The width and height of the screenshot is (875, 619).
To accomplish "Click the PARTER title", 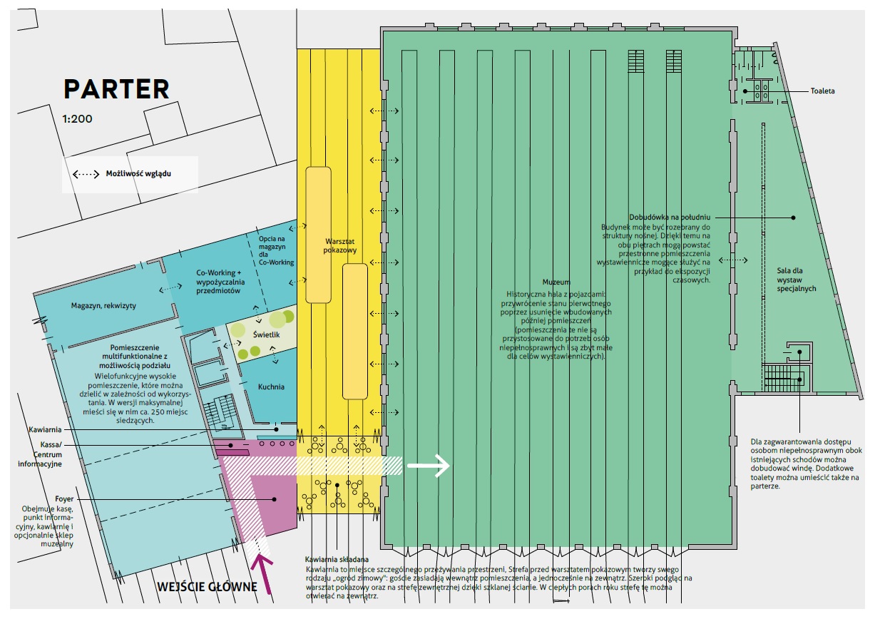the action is (x=116, y=89).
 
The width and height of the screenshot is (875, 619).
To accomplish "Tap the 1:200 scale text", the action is (x=77, y=118).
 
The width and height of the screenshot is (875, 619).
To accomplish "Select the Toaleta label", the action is (x=822, y=91).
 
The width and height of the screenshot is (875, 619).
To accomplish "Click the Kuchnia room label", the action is (x=271, y=387).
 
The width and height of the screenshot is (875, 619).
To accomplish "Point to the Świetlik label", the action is (x=267, y=334).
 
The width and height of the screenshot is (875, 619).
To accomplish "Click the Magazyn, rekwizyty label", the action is (x=103, y=306).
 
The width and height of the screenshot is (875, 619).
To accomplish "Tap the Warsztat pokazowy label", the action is (x=340, y=246).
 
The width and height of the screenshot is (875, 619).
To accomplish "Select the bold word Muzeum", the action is (x=556, y=282).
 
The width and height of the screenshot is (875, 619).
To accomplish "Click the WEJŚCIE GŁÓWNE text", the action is (x=207, y=587).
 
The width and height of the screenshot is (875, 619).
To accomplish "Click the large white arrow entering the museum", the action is (x=428, y=466).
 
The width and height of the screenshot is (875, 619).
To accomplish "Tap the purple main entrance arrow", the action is (x=262, y=575).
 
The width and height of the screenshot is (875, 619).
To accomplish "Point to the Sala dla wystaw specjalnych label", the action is (x=796, y=280).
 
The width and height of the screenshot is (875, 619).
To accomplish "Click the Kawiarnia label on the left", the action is (x=45, y=429).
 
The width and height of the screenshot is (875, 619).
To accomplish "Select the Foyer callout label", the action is (x=64, y=498).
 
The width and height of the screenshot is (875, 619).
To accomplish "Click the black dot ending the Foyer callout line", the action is (x=275, y=499).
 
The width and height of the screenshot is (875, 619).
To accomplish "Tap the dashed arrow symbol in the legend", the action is (x=86, y=174).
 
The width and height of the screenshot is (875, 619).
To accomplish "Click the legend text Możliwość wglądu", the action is (x=138, y=174).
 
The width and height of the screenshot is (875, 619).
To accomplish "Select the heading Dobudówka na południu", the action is (x=670, y=217).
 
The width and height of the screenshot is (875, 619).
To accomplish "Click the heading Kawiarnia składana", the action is (x=337, y=559).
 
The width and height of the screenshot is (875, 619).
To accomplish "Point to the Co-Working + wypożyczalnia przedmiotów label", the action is (x=220, y=282).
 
